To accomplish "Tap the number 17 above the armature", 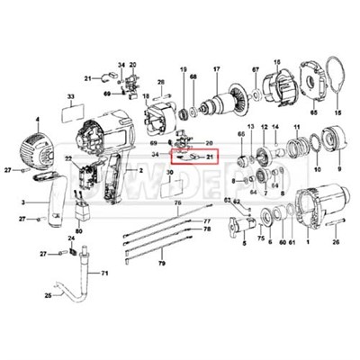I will [216, 70].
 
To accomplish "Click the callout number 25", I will [36, 295].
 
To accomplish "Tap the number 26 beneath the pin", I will [336, 241].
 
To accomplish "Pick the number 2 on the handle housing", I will [139, 170].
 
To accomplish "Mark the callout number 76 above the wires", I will [178, 204].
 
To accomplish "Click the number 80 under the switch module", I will [79, 230].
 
